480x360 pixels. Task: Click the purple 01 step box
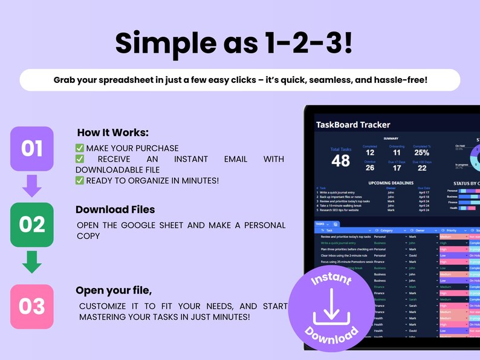click(32, 148)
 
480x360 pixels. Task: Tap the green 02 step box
click(32, 224)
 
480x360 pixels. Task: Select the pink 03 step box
click(32, 306)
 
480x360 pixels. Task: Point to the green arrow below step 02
click(32, 261)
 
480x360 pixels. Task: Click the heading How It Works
click(112, 133)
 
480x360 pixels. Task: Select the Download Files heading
click(115, 209)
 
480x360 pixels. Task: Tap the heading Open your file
click(114, 290)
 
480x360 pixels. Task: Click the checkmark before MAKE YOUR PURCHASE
click(79, 148)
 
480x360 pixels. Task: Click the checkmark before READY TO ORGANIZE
click(79, 180)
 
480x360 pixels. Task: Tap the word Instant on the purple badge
click(331, 282)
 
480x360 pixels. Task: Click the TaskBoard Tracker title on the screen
click(353, 125)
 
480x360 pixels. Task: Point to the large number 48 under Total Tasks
click(340, 160)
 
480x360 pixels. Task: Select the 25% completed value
click(421, 153)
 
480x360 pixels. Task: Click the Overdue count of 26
click(369, 168)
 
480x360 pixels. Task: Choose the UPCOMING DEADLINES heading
click(391, 183)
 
